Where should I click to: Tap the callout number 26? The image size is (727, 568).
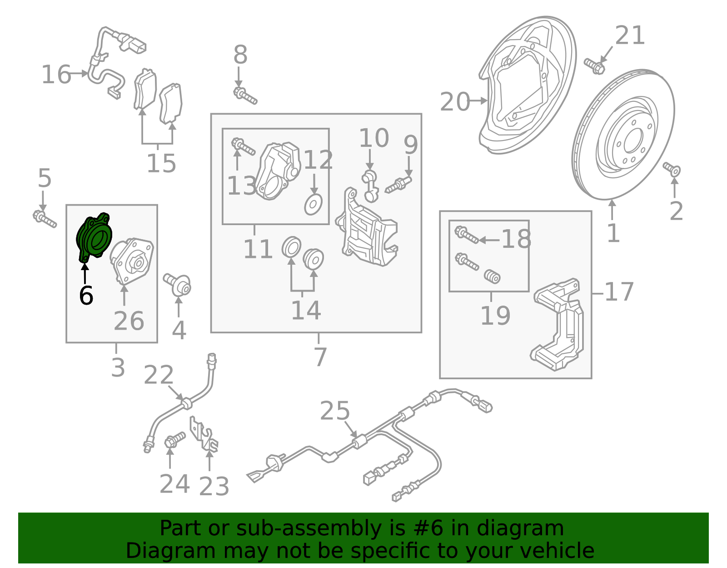point(129,321)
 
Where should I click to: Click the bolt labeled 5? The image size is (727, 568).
point(44,219)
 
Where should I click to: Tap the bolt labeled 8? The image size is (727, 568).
point(245,96)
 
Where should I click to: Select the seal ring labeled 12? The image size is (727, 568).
point(313,204)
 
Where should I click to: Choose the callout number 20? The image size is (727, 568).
point(455,101)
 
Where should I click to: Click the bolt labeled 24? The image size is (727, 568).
point(174,440)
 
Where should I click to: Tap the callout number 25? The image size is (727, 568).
point(335,411)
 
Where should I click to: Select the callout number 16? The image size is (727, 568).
point(56,75)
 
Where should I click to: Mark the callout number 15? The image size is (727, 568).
point(161,163)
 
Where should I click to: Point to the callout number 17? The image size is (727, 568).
point(619,292)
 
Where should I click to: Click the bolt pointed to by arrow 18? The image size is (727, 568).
point(466,235)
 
